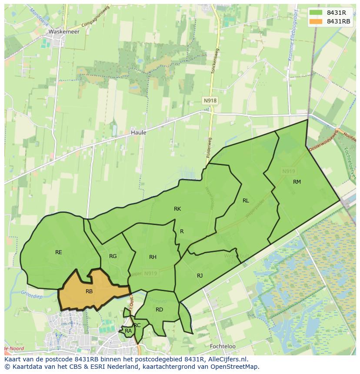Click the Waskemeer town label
click(64, 32)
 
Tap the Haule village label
click(138, 132)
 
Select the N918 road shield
click(210, 100)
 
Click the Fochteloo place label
click(222, 346)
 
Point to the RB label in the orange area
click(89, 291)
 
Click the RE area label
click(59, 252)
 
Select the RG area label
click(113, 256)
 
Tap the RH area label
click(153, 257)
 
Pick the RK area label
click(177, 209)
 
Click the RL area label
click(246, 200)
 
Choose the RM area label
click(297, 182)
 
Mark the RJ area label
click(200, 275)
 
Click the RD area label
click(159, 309)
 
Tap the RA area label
click(128, 331)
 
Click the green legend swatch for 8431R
click(316, 13)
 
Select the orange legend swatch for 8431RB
click(316, 21)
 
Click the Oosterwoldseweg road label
click(323, 142)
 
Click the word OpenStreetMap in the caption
click(235, 367)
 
